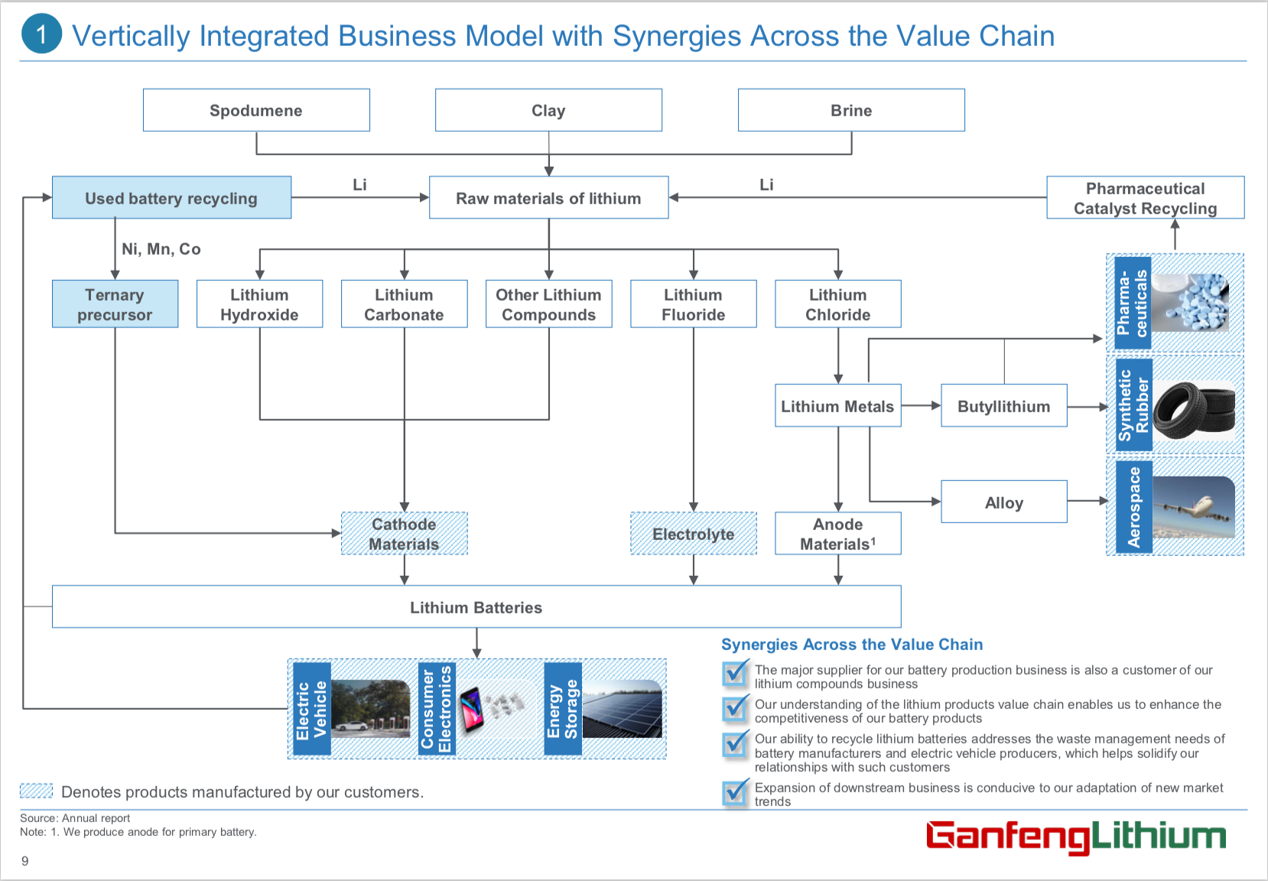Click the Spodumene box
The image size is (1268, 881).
pos(256,110)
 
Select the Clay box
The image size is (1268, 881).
pos(548,110)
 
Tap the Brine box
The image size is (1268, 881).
pos(851,110)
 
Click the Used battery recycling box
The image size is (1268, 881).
pos(171,198)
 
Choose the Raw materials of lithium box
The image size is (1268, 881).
pos(548,198)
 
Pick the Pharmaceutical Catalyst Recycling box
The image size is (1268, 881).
pos(1145,198)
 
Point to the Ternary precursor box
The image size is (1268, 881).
pos(115,304)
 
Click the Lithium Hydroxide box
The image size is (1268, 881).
pos(259,304)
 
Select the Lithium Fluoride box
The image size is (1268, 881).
pos(693,304)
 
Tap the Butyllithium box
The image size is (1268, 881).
pos(1003,406)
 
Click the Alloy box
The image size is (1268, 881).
pos(1003,502)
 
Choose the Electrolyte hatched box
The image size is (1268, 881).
pos(693,534)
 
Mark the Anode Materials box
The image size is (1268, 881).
pos(837,534)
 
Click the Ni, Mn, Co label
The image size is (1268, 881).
pos(161,249)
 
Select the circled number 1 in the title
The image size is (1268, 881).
pos(41,34)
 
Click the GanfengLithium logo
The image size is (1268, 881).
pos(1075,836)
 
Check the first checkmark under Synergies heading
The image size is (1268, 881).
pos(735,673)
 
